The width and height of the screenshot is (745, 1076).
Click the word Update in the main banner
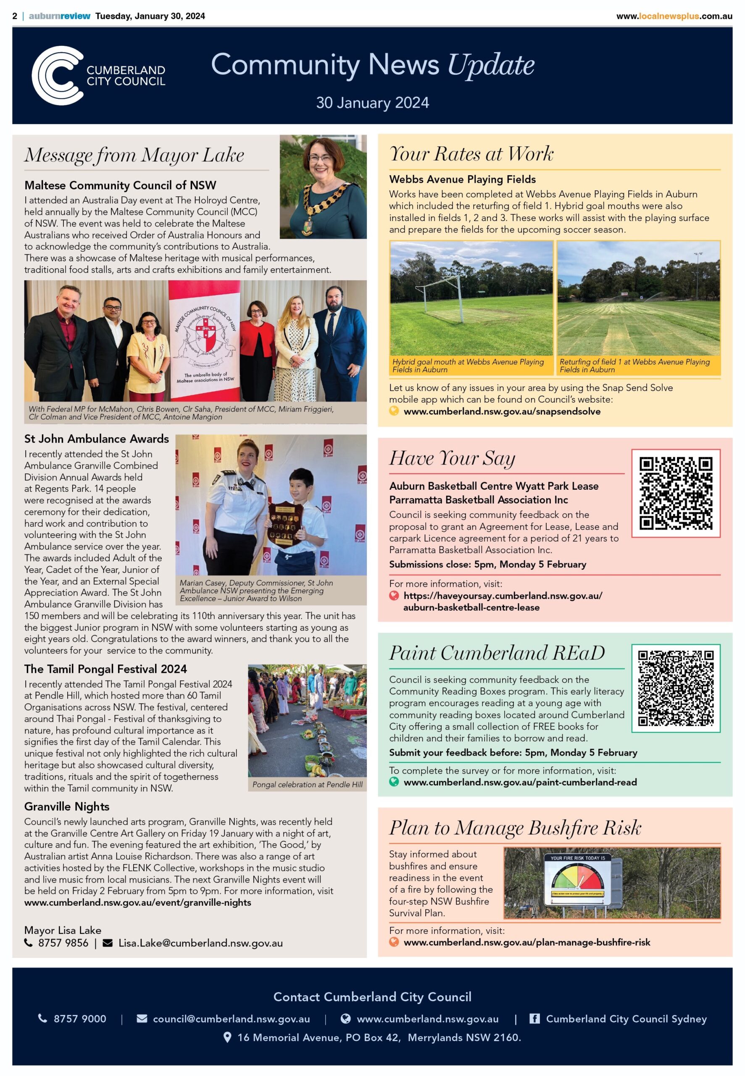click(x=491, y=65)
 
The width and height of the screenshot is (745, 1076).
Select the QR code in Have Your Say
click(x=675, y=493)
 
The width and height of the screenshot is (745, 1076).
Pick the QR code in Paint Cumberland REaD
click(x=675, y=688)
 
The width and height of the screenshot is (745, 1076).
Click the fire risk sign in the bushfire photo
click(x=577, y=880)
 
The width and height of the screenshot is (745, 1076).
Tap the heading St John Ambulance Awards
click(x=97, y=439)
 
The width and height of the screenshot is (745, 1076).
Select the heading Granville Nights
click(x=67, y=807)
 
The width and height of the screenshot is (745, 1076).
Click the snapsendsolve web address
click(x=502, y=411)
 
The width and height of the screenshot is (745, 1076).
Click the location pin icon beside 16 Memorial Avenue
click(x=227, y=1037)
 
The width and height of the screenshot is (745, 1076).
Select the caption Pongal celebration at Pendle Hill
click(x=307, y=785)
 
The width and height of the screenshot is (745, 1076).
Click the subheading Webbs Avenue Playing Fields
click(x=462, y=179)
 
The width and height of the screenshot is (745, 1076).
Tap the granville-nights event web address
click(x=138, y=902)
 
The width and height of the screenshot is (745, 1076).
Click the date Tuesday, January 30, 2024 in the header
click(x=150, y=16)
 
